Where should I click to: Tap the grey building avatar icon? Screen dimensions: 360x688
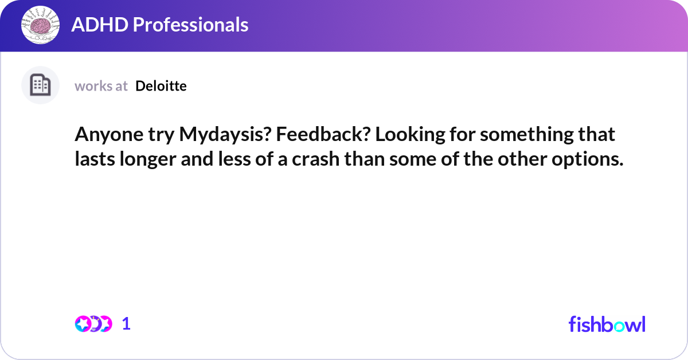40,85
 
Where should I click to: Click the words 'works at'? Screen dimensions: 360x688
101,86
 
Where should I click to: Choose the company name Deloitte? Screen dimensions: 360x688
161,86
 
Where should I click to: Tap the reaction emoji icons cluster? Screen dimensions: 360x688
93,324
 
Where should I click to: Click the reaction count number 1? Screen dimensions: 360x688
127,324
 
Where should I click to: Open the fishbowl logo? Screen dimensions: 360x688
607,324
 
